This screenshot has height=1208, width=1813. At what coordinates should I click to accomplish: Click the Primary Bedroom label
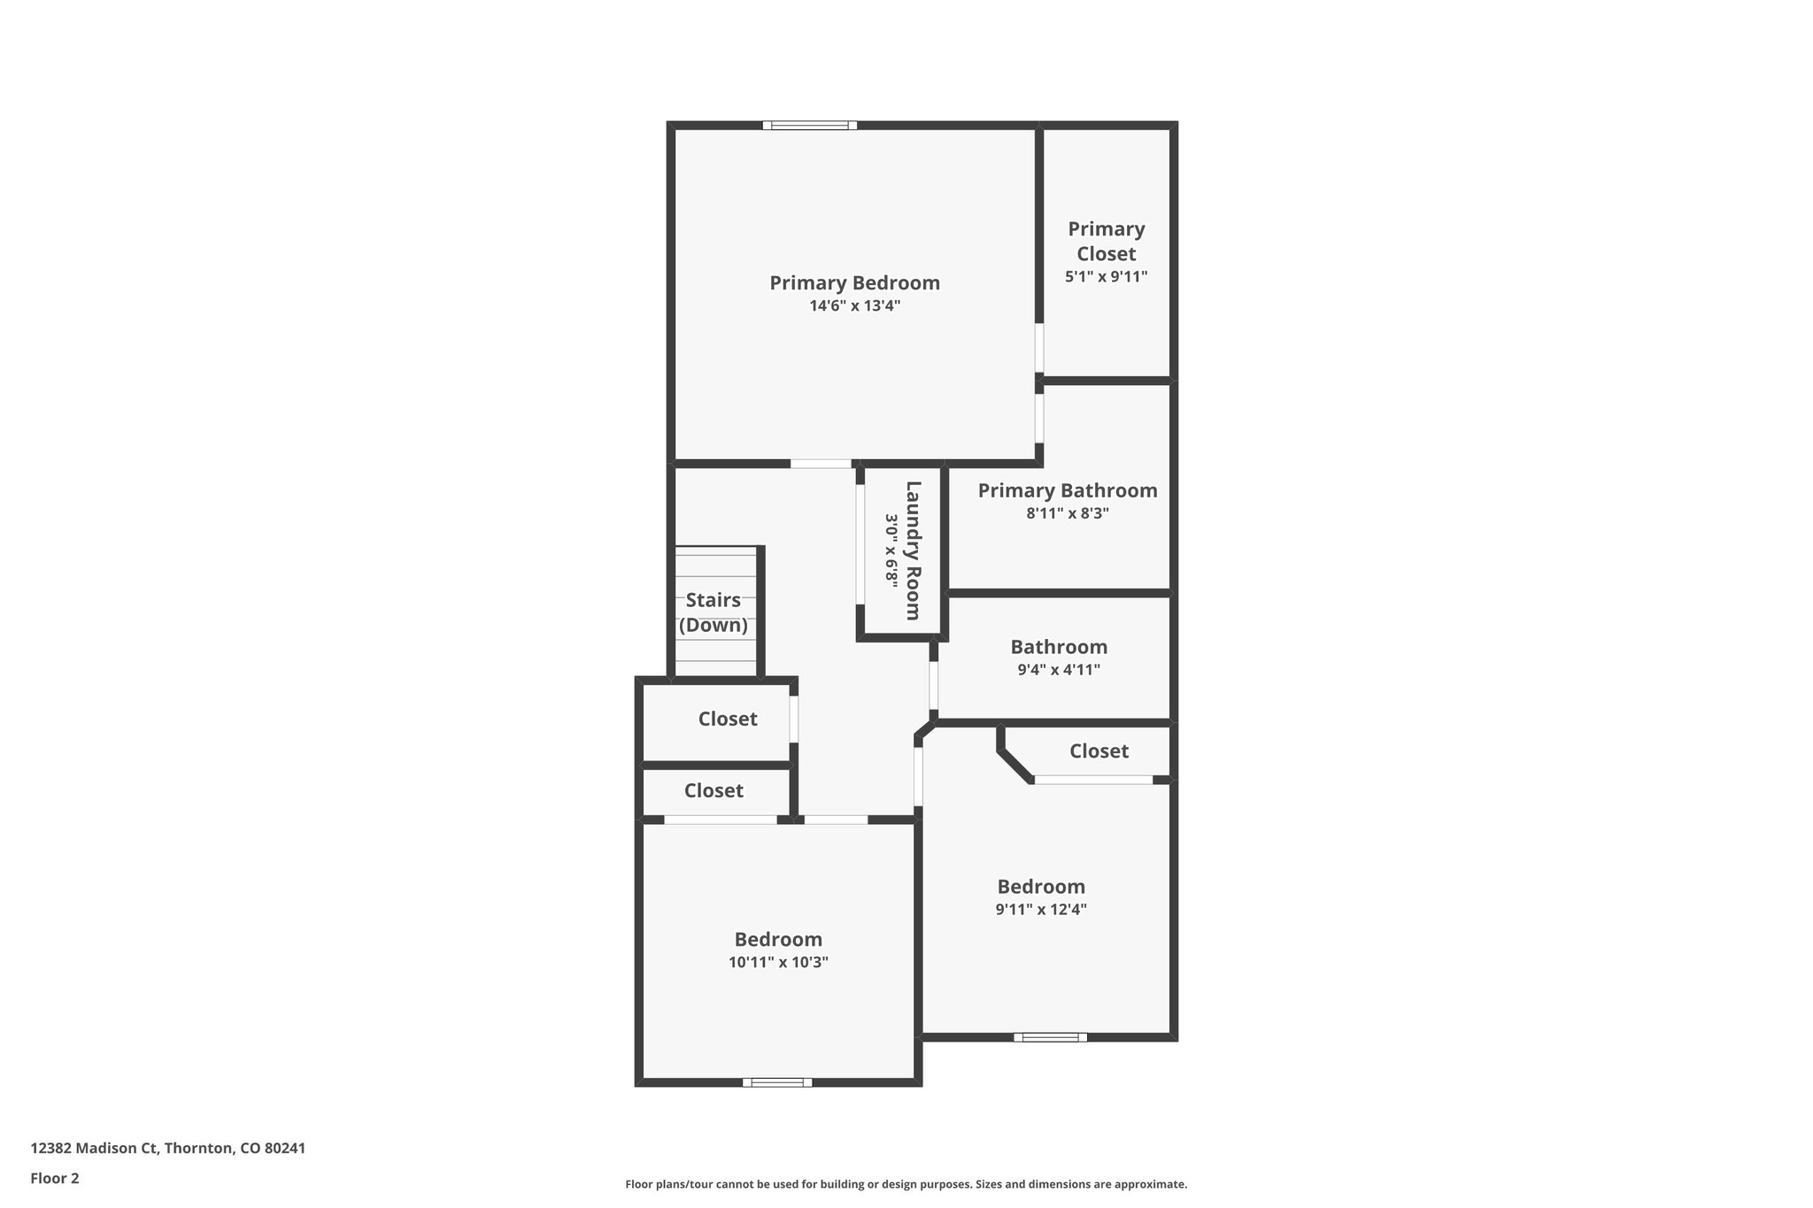pyautogui.click(x=854, y=283)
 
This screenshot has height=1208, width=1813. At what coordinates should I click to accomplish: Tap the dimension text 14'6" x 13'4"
pyautogui.click(x=854, y=306)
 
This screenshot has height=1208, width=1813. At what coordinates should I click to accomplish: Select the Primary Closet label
pyautogui.click(x=1106, y=242)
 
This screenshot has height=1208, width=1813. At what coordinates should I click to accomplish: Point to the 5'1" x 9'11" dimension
pyautogui.click(x=1106, y=276)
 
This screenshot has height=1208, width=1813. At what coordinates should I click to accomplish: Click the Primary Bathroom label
pyautogui.click(x=1067, y=490)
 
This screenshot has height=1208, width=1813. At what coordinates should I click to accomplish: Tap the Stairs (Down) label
pyautogui.click(x=714, y=612)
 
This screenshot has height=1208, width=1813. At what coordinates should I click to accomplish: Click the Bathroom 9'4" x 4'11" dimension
pyautogui.click(x=1059, y=670)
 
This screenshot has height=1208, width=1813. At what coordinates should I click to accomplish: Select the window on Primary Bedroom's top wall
pyautogui.click(x=809, y=126)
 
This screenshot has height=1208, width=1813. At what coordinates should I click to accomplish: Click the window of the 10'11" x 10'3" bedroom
pyautogui.click(x=777, y=1081)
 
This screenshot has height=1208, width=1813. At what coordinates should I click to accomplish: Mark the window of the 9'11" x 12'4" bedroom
pyautogui.click(x=1050, y=1036)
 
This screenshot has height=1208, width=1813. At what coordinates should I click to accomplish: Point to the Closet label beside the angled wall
pyautogui.click(x=1099, y=751)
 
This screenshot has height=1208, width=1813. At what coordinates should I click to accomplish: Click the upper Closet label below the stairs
pyautogui.click(x=728, y=719)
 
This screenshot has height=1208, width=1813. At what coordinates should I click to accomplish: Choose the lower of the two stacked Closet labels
pyautogui.click(x=714, y=790)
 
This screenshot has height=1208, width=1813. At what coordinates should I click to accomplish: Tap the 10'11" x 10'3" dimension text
pyautogui.click(x=778, y=962)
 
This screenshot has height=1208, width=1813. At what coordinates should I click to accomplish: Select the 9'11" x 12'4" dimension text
pyautogui.click(x=1041, y=909)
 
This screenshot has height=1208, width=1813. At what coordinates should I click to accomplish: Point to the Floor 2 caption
pyautogui.click(x=55, y=1179)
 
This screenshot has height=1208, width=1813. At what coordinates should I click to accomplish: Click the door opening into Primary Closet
pyautogui.click(x=1039, y=348)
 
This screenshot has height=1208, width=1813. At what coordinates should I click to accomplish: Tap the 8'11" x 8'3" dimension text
pyautogui.click(x=1067, y=513)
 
